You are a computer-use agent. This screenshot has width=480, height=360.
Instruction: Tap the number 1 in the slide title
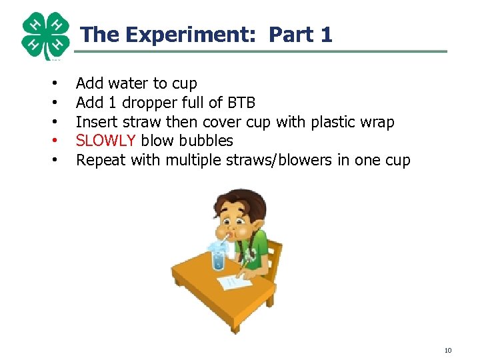[325, 35]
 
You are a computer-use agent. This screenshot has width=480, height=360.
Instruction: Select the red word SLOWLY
[107, 141]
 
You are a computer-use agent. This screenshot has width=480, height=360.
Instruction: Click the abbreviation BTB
[241, 103]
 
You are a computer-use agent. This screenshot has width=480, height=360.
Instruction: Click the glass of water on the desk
[218, 255]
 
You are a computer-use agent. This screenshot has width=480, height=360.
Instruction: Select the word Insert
[96, 122]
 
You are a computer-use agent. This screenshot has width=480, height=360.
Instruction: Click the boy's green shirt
[261, 247]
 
